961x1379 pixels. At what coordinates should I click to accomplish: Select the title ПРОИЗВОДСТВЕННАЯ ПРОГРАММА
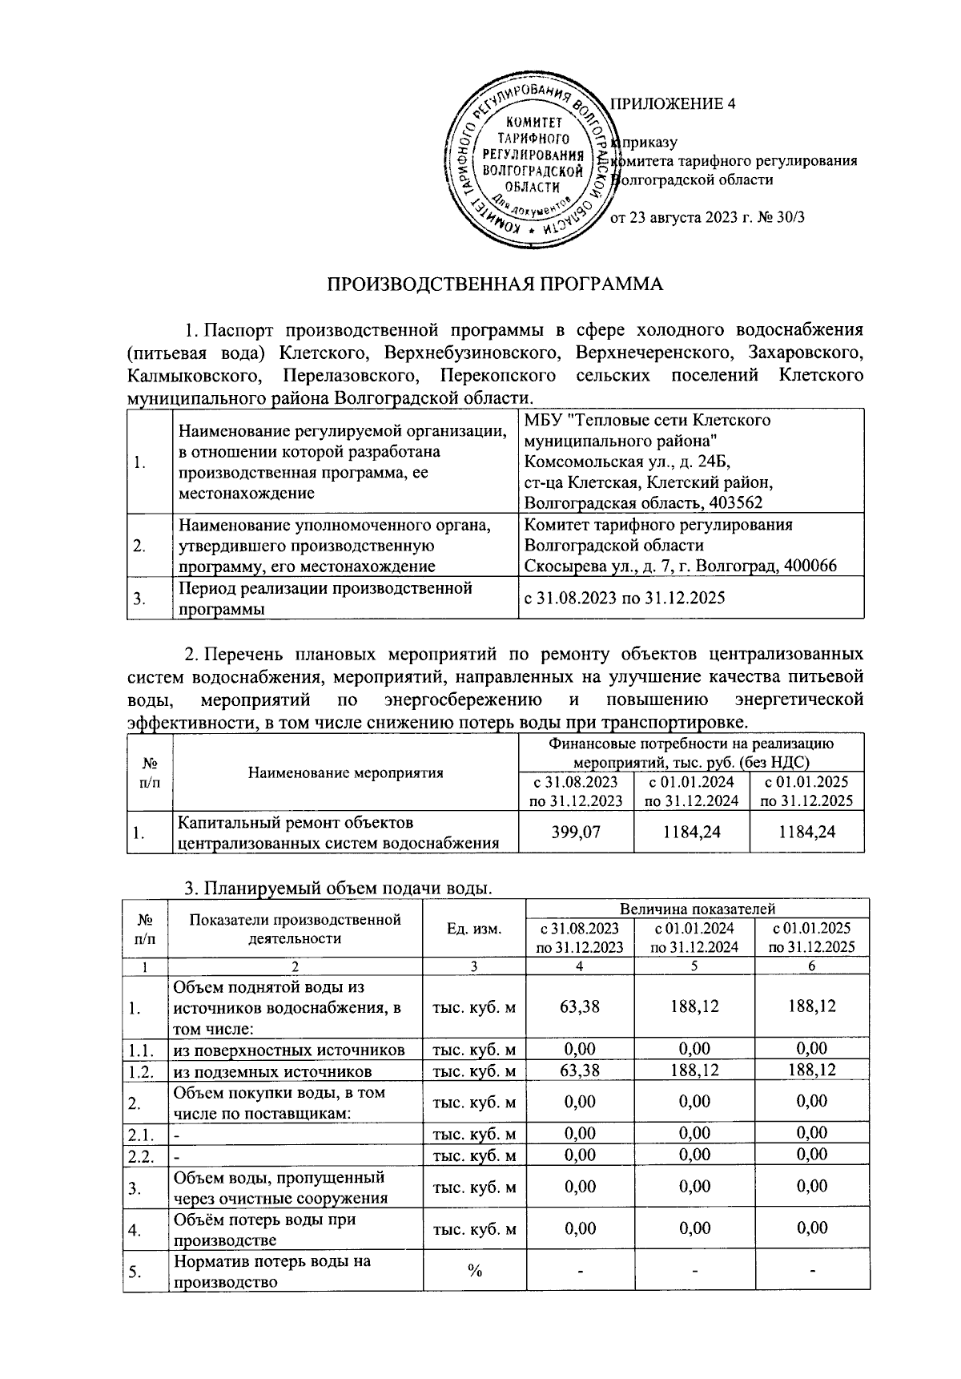pos(496,284)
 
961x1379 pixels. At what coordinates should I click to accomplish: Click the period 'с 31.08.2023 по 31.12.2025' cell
pos(624,598)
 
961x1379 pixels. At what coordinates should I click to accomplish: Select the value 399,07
pos(576,833)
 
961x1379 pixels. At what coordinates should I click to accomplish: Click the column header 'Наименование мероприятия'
pos(345,773)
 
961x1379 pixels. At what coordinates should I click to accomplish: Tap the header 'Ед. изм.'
pos(474,929)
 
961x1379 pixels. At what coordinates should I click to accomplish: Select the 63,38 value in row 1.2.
pos(580,1071)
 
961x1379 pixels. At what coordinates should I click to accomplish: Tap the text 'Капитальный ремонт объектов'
pos(296,822)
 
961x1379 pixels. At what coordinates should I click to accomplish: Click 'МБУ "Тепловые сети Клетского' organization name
pos(647,420)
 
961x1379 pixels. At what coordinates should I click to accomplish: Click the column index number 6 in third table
pos(811,966)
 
